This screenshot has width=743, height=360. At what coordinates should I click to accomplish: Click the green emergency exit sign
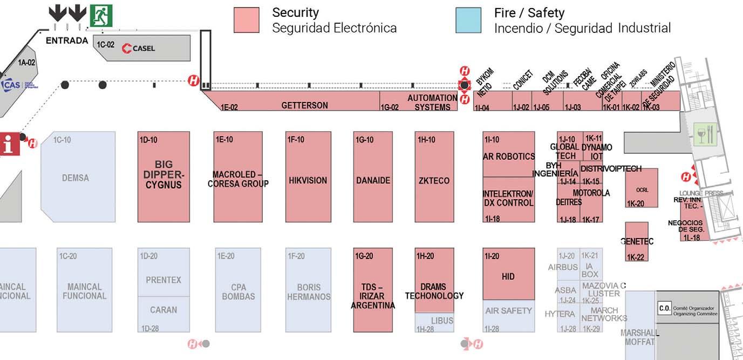point(101,16)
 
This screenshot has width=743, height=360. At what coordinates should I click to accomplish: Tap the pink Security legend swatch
point(246,20)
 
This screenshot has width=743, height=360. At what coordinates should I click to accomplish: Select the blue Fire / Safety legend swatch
point(468,20)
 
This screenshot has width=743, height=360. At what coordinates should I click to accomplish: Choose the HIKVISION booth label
point(308,180)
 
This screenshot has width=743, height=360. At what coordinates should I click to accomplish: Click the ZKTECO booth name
point(434,180)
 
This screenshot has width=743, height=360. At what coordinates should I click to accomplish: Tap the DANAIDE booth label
point(373,180)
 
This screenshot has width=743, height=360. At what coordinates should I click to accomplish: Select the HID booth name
point(508,276)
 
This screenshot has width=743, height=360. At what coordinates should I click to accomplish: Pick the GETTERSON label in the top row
point(304,105)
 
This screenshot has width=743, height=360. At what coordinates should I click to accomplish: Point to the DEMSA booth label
point(76,178)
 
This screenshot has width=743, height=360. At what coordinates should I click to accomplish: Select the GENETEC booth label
point(637,241)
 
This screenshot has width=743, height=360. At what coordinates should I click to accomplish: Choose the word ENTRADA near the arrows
point(67,41)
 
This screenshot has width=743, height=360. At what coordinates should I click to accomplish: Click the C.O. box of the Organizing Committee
point(664,309)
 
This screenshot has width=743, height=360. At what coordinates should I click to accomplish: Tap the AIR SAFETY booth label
point(508,310)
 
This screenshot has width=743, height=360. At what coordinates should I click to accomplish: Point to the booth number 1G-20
point(364,256)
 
